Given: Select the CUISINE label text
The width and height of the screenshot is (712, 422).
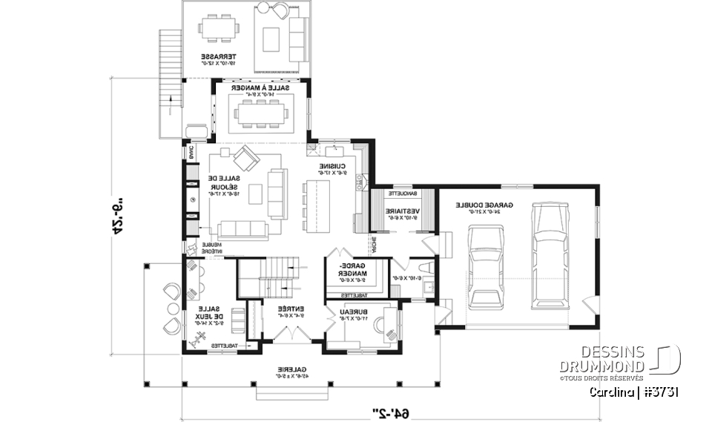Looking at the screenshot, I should pos(332,170).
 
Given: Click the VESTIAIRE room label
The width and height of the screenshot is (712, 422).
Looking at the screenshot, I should pos(403,214).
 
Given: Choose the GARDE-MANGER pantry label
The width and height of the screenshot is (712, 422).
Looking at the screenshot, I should pos(352,272).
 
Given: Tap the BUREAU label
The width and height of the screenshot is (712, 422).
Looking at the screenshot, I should pos(348,315).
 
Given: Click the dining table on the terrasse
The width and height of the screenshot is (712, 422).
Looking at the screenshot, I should pos(220,31).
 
